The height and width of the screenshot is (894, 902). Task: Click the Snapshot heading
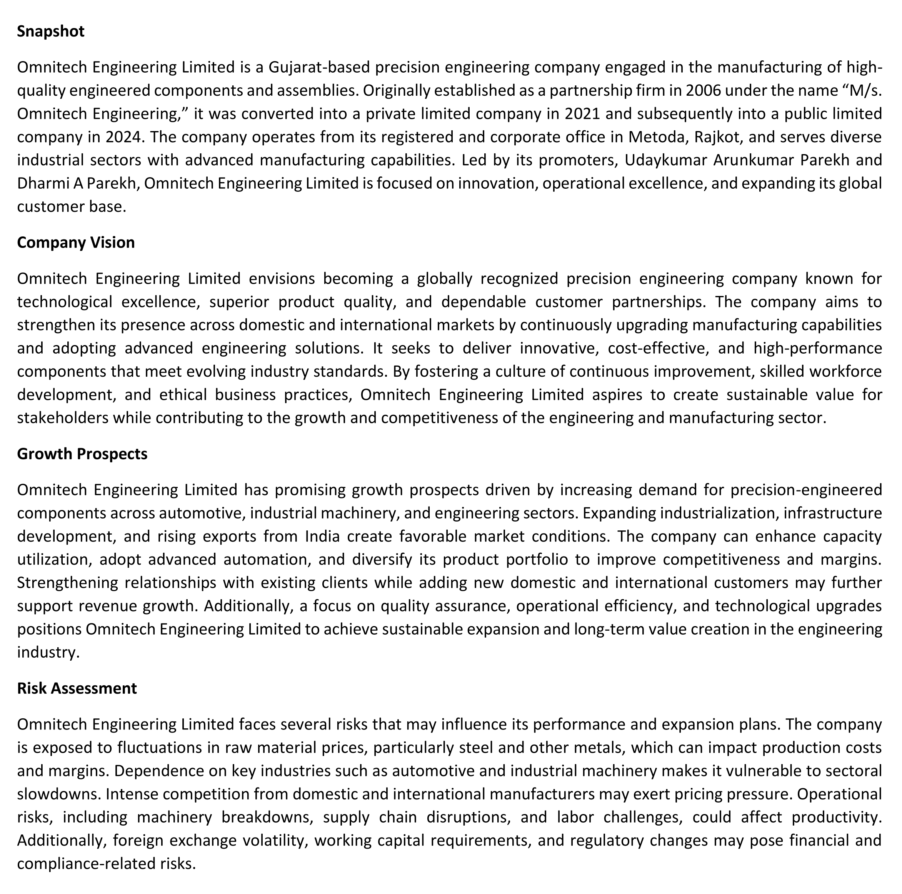click(50, 31)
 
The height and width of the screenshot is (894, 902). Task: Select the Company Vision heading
click(76, 243)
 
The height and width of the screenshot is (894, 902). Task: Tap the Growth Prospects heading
click(82, 454)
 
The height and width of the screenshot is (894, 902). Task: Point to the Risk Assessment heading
click(77, 689)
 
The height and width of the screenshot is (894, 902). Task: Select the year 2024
click(123, 137)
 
